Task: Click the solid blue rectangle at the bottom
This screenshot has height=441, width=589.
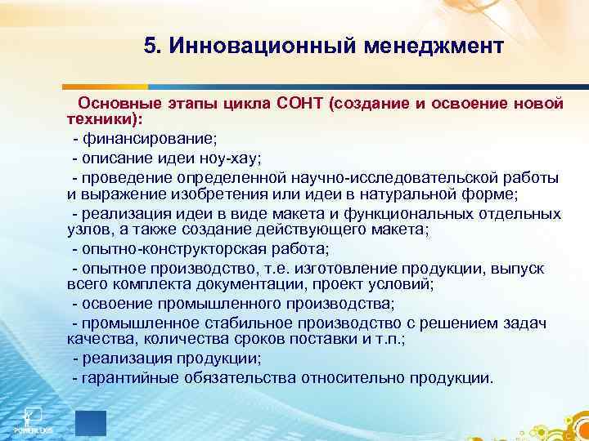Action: pyautogui.click(x=90, y=422)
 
